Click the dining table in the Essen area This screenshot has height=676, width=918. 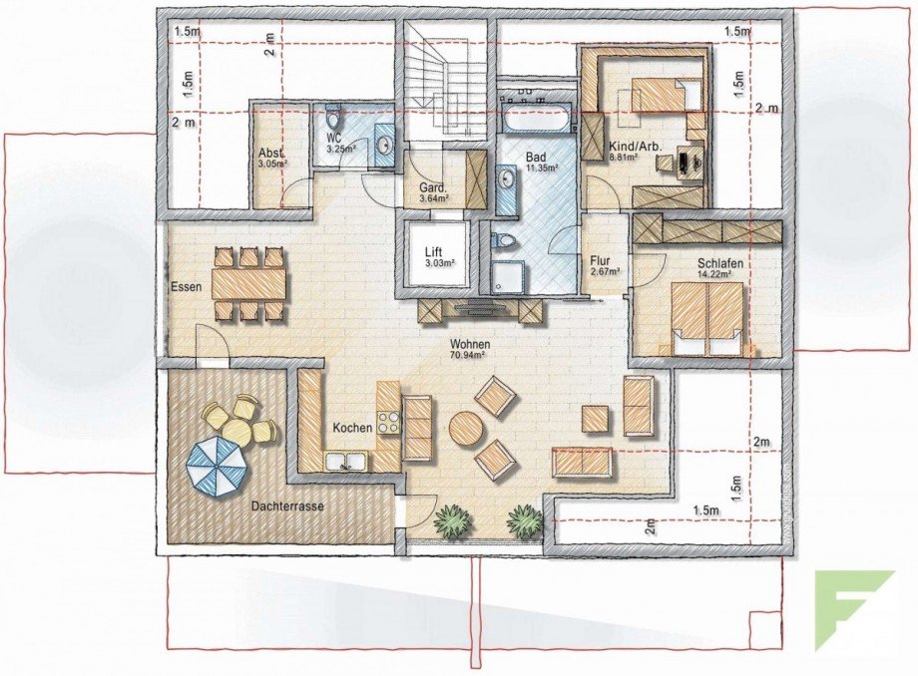click(x=248, y=286)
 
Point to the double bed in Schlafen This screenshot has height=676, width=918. click(x=708, y=317)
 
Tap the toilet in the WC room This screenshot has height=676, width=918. click(x=336, y=114)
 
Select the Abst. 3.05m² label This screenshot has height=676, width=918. click(x=271, y=158)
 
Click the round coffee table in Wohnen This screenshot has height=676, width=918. click(x=466, y=430)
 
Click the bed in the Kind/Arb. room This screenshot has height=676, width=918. click(x=659, y=96)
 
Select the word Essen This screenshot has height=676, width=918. click(x=186, y=287)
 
